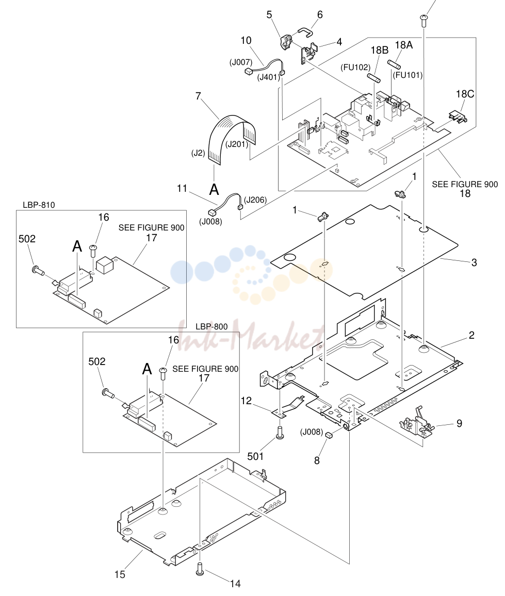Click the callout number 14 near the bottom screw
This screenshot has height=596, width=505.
(235, 584)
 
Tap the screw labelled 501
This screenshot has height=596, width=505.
(280, 433)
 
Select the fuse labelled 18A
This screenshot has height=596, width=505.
(394, 64)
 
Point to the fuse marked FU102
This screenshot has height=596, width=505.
(373, 79)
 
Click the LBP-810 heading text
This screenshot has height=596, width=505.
(39, 205)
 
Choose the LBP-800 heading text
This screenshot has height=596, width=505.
(211, 326)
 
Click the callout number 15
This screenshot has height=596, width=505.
(120, 574)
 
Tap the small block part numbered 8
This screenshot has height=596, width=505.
(329, 435)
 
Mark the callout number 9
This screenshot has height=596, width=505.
(460, 423)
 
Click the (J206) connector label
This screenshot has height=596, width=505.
(255, 200)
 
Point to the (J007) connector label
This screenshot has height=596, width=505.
(241, 62)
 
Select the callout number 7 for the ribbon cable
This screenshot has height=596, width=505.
(198, 96)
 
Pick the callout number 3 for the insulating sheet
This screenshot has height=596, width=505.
(474, 262)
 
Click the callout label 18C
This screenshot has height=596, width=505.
(465, 94)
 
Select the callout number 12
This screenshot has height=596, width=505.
(247, 401)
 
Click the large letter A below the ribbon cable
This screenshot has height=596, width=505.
(214, 189)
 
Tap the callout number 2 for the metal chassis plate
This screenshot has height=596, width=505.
(471, 335)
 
